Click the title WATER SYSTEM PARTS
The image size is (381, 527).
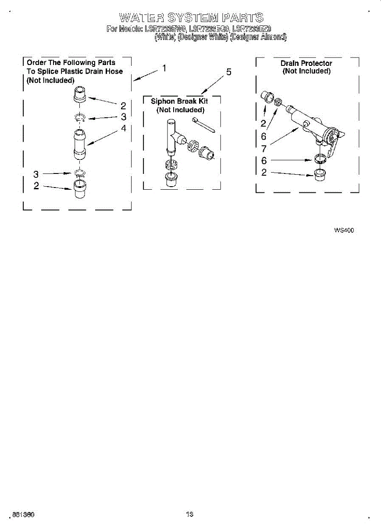pos(191,18)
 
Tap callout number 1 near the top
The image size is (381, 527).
pos(164,69)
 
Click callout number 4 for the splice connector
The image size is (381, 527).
pos(124,128)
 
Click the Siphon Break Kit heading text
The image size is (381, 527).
pos(179,101)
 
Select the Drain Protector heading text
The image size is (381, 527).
pos(306,63)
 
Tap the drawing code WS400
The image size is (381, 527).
pos(344,230)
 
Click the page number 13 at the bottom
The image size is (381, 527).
pos(189,514)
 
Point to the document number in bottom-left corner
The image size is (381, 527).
pos(24,514)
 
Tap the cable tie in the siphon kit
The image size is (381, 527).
pos(203,124)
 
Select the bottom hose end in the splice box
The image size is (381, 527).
pos(79,188)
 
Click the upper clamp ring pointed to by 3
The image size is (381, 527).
pos(79,118)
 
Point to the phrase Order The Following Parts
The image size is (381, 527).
pos(71,63)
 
